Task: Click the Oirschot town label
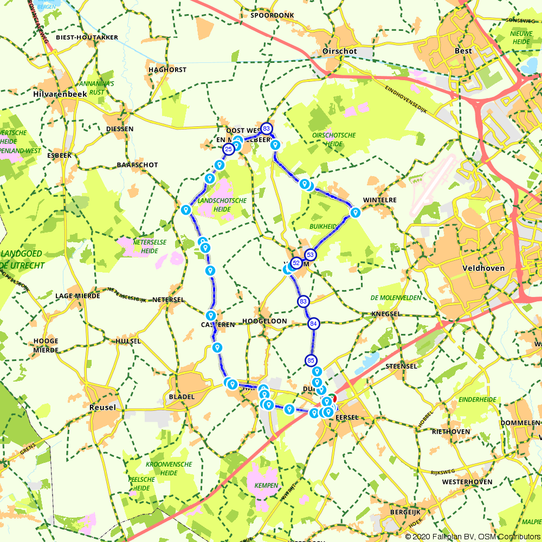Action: [340, 51]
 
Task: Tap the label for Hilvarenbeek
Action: [59, 94]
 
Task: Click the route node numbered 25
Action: [229, 149]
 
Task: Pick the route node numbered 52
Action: [296, 263]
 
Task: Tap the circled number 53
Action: [311, 254]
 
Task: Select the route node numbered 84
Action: [313, 324]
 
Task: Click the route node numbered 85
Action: [311, 360]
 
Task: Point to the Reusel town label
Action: [102, 407]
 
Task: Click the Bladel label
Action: [182, 397]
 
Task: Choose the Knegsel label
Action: [386, 314]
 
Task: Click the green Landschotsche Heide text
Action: [222, 204]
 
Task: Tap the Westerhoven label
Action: [467, 482]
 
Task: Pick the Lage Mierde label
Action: [78, 296]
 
